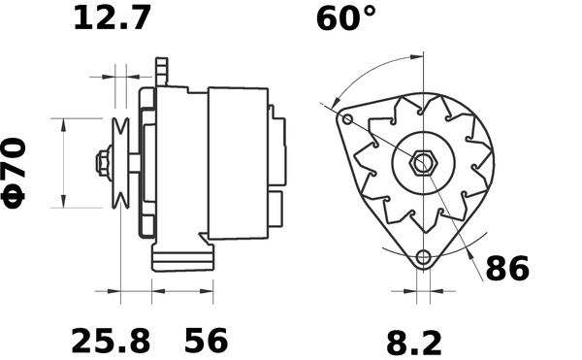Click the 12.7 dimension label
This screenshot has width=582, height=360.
coord(113,17)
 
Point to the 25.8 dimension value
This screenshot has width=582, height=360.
coord(111,341)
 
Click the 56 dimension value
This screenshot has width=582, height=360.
coord(207,341)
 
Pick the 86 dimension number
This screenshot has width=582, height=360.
coord(507,269)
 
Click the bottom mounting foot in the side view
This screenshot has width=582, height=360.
coord(181,258)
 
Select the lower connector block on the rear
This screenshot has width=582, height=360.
coord(276,205)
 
